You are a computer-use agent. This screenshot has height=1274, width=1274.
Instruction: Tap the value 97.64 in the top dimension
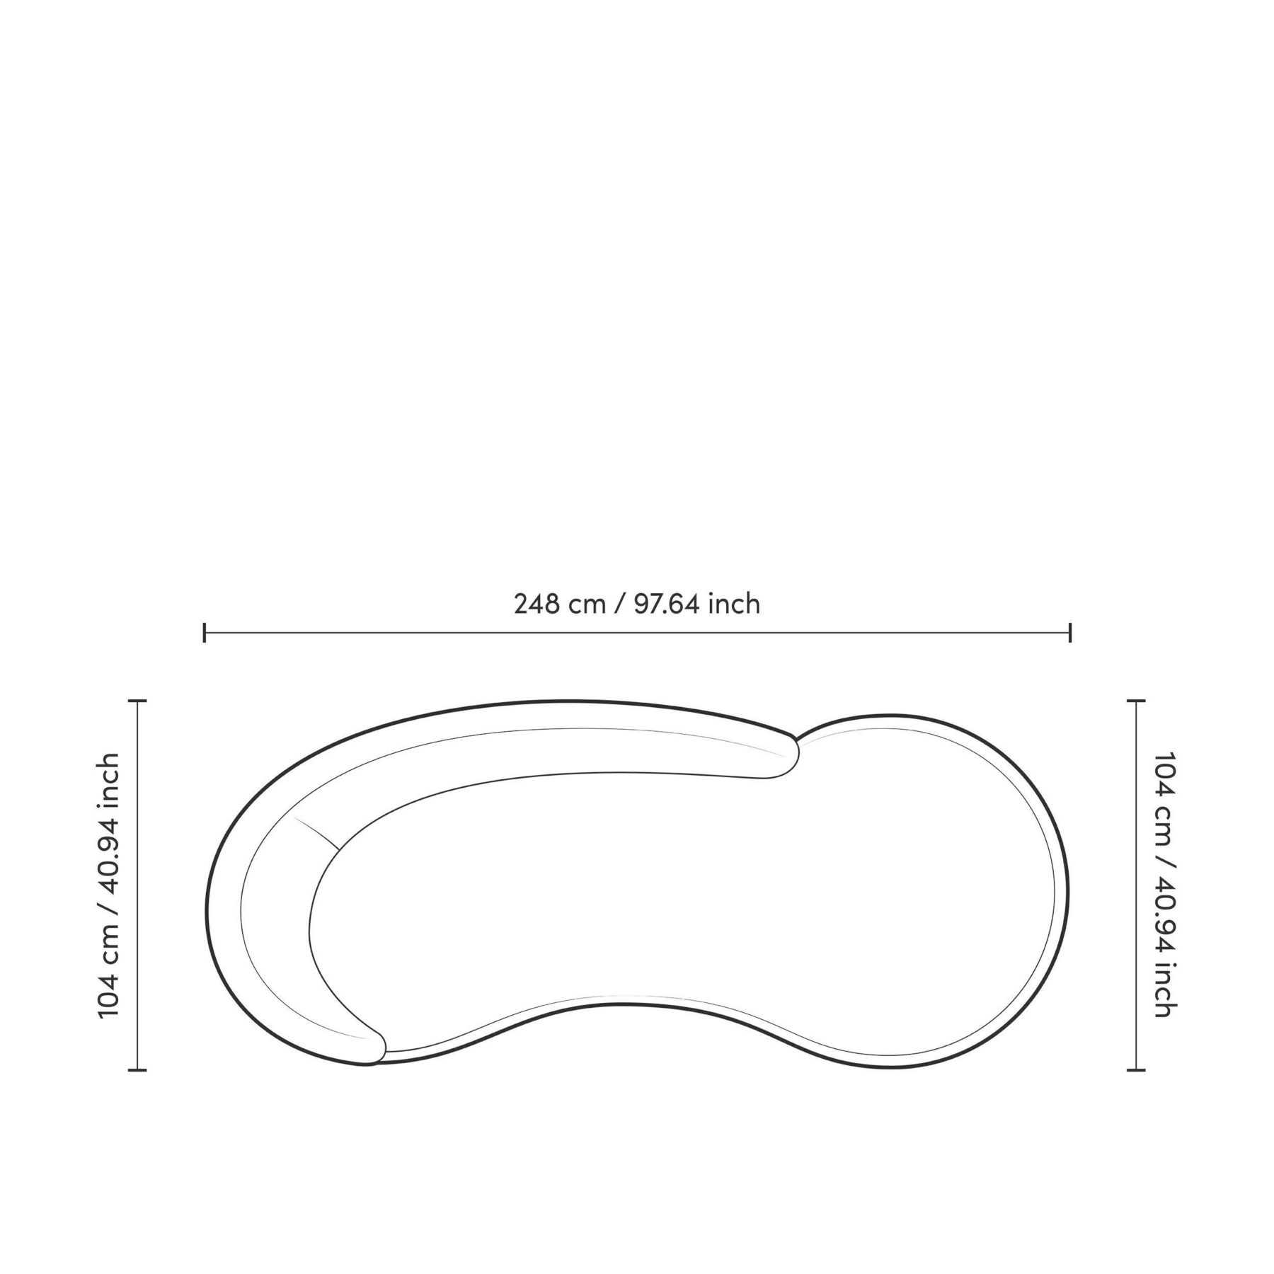coord(666,604)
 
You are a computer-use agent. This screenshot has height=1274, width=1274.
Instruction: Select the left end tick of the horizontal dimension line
coord(205,632)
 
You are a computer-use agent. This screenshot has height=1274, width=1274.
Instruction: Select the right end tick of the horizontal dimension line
coord(1070,632)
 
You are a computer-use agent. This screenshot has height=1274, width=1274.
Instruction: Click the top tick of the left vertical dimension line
coord(137,701)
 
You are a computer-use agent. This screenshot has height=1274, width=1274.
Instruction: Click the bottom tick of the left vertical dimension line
coord(137,1070)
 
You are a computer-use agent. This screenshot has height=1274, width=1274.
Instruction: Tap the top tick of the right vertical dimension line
coord(1136,701)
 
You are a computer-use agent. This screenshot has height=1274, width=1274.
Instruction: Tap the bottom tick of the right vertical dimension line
coord(1136,1070)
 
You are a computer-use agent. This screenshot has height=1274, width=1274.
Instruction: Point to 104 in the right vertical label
coord(1164,775)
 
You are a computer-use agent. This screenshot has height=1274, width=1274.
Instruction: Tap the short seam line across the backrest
coord(316,833)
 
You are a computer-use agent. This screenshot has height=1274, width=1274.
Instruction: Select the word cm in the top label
coord(589,604)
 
